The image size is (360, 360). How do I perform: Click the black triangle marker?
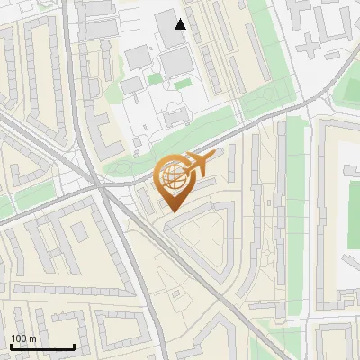pos(181,24)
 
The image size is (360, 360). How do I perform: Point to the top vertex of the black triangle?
pos(181,19)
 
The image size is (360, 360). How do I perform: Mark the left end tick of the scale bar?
pos(11,346)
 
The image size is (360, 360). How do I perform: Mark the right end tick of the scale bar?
pos(74,346)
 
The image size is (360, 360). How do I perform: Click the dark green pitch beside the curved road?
pos(346,90)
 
